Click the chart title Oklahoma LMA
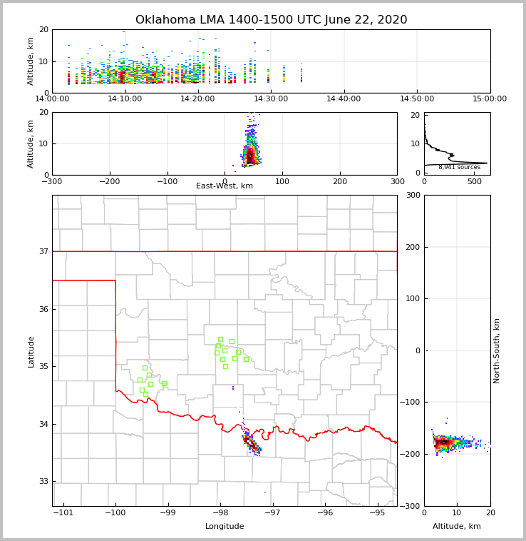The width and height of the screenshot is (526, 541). click(271, 20)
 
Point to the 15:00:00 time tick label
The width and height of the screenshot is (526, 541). click(490, 99)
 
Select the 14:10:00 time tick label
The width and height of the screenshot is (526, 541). click(126, 99)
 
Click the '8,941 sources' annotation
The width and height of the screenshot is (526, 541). click(459, 167)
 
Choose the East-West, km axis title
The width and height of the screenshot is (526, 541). click(225, 186)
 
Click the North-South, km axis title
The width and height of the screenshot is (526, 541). click(497, 350)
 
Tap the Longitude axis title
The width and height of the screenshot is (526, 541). click(225, 527)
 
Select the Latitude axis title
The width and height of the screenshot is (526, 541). click(31, 351)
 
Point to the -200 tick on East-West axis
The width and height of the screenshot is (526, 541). click(109, 181)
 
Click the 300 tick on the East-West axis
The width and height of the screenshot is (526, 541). click(396, 181)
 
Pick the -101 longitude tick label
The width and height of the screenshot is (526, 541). click(63, 513)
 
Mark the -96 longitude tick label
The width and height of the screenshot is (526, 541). click(325, 513)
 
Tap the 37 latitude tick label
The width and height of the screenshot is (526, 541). click(43, 251)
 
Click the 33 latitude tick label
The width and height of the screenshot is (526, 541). click(43, 482)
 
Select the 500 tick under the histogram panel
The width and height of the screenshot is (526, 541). click(474, 181)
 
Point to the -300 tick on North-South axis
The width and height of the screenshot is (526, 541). click(413, 506)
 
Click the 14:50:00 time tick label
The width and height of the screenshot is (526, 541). click(417, 99)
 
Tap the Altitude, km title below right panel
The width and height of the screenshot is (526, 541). click(457, 527)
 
